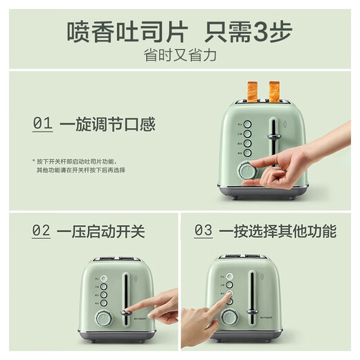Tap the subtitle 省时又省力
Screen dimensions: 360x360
click(x=180, y=55)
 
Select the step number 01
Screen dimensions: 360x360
click(x=42, y=125)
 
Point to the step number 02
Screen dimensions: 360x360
click(x=42, y=231)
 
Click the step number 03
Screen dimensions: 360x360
click(x=203, y=231)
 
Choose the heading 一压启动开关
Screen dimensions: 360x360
click(x=102, y=231)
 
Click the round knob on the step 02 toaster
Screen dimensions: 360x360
click(x=103, y=317)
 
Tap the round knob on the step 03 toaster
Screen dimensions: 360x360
click(x=229, y=317)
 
